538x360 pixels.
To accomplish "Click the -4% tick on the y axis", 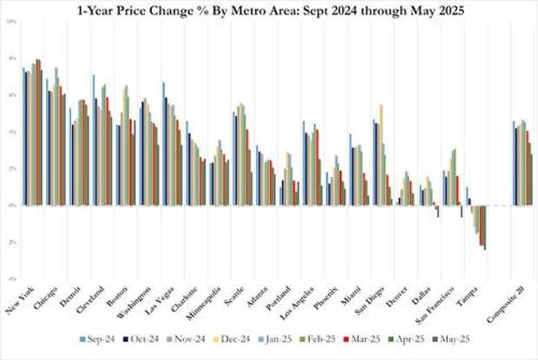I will click(x=10, y=278).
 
